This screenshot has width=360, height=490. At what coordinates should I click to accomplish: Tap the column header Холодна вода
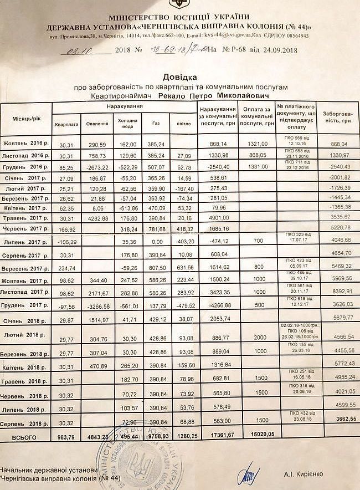click(x=127, y=123)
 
